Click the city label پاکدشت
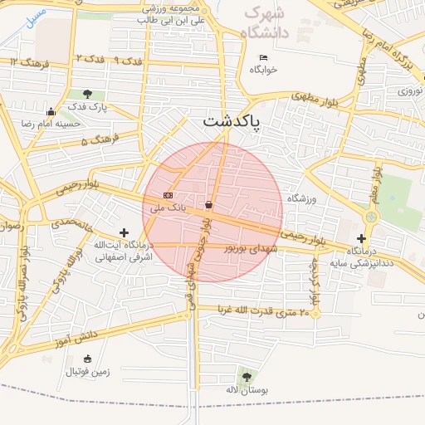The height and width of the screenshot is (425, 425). coord(231,121)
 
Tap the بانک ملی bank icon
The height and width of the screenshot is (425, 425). coord(169,195)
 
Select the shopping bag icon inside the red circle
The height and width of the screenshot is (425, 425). coord(208,204)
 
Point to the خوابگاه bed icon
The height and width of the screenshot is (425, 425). coord(264,57)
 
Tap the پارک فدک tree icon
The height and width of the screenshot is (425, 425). coord(88,95)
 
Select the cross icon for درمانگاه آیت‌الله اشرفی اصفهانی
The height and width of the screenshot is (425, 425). coord(124,233)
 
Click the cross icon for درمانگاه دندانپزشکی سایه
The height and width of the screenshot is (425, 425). coord(360,239)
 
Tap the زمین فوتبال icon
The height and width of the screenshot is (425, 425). coord(88,359)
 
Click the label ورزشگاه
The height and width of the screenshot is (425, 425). coord(302,198)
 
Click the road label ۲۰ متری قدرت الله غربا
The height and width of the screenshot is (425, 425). coord(263,311)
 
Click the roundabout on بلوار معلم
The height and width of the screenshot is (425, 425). coord(370,217)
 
